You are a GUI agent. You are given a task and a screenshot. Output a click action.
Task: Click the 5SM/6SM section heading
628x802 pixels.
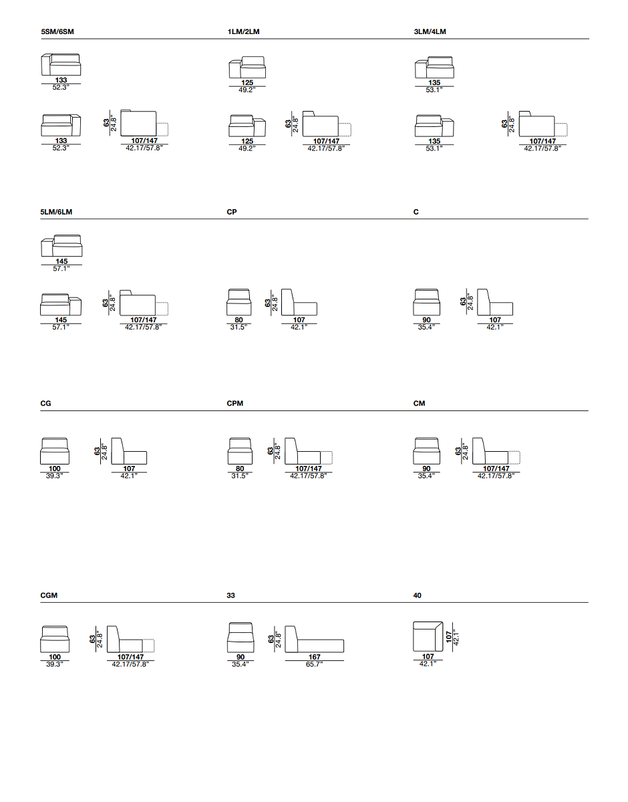pyautogui.click(x=57, y=31)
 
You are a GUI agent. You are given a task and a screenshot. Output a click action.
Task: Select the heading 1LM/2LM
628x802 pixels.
pyautogui.click(x=243, y=31)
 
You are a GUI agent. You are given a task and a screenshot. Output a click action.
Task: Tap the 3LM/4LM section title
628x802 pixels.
pyautogui.click(x=430, y=31)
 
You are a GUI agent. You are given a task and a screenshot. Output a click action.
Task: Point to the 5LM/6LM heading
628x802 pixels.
pyautogui.click(x=56, y=212)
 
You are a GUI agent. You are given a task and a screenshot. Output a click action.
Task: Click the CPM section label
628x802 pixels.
pyautogui.click(x=235, y=404)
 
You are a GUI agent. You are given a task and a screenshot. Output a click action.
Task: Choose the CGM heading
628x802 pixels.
pyautogui.click(x=49, y=595)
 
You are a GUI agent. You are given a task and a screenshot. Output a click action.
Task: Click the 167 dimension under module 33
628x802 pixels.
pyautogui.click(x=315, y=657)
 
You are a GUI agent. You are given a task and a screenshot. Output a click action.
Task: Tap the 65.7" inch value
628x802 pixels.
pyautogui.click(x=314, y=664)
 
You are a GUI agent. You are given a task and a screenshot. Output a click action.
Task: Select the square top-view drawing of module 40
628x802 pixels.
pyautogui.click(x=428, y=637)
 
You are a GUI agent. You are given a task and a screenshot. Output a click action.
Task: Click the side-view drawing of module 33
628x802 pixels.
pyautogui.click(x=315, y=639)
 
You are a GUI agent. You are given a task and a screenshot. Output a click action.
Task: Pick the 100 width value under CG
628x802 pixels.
pyautogui.click(x=55, y=469)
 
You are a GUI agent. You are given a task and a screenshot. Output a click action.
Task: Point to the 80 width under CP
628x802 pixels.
pyautogui.click(x=239, y=320)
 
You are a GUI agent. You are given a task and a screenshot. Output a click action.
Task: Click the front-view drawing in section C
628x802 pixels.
pyautogui.click(x=427, y=302)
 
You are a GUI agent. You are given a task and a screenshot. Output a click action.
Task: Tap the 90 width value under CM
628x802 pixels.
pyautogui.click(x=427, y=469)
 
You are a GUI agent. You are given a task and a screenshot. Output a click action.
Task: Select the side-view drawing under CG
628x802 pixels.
pyautogui.click(x=129, y=451)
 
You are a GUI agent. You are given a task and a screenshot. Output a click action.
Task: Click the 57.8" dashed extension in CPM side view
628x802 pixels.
pyautogui.click(x=326, y=458)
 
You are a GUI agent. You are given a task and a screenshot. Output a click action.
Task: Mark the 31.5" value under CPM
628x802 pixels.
pyautogui.click(x=240, y=476)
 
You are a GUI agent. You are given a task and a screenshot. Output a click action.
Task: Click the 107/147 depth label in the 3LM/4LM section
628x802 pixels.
pyautogui.click(x=542, y=141)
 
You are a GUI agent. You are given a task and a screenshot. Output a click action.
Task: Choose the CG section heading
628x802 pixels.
pyautogui.click(x=45, y=404)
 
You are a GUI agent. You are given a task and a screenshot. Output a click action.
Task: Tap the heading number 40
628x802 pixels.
pyautogui.click(x=418, y=595)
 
